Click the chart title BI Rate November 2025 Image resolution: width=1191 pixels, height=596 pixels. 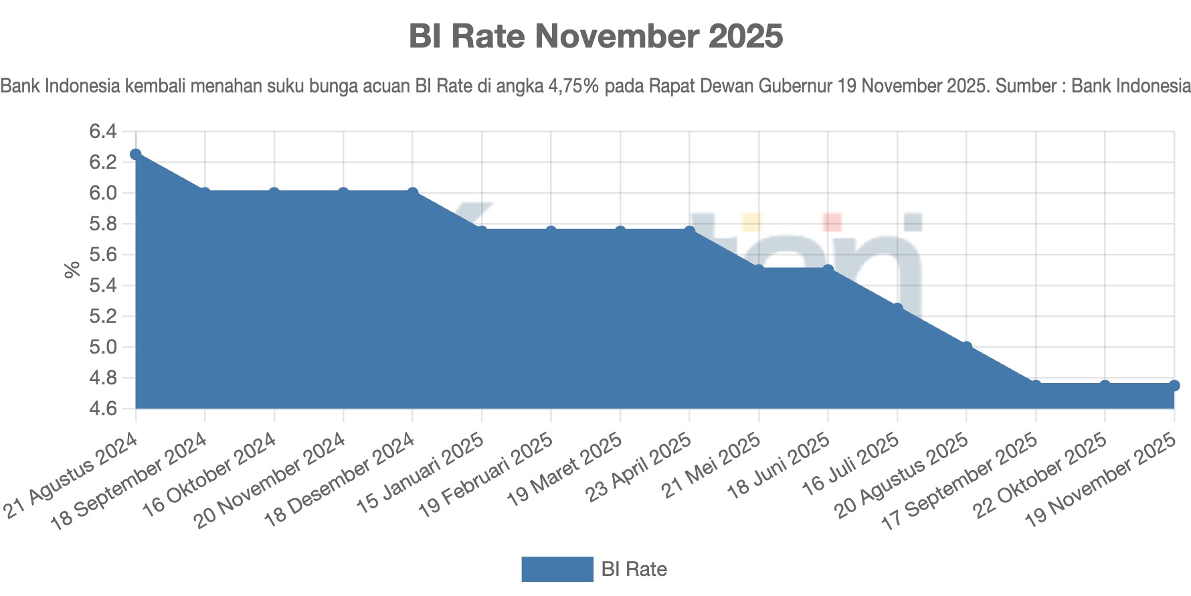click(x=595, y=36)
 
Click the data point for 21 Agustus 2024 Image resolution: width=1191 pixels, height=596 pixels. click(x=136, y=155)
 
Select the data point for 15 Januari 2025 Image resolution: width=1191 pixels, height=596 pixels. click(x=482, y=232)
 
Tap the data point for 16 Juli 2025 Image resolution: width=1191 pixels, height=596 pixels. click(x=897, y=309)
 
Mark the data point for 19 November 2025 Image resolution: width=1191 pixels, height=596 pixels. click(x=1174, y=386)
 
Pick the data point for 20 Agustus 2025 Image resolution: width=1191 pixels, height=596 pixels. click(x=966, y=347)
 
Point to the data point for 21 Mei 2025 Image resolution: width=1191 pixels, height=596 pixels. click(x=759, y=270)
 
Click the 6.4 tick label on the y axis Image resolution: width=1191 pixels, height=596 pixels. click(x=103, y=132)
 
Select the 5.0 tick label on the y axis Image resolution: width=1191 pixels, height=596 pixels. click(x=103, y=348)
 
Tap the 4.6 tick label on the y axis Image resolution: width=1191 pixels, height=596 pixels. click(x=103, y=409)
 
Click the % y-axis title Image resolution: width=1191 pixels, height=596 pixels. click(x=72, y=270)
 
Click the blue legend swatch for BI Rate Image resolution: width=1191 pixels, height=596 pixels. click(x=557, y=569)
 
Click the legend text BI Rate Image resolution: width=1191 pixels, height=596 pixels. click(x=634, y=569)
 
